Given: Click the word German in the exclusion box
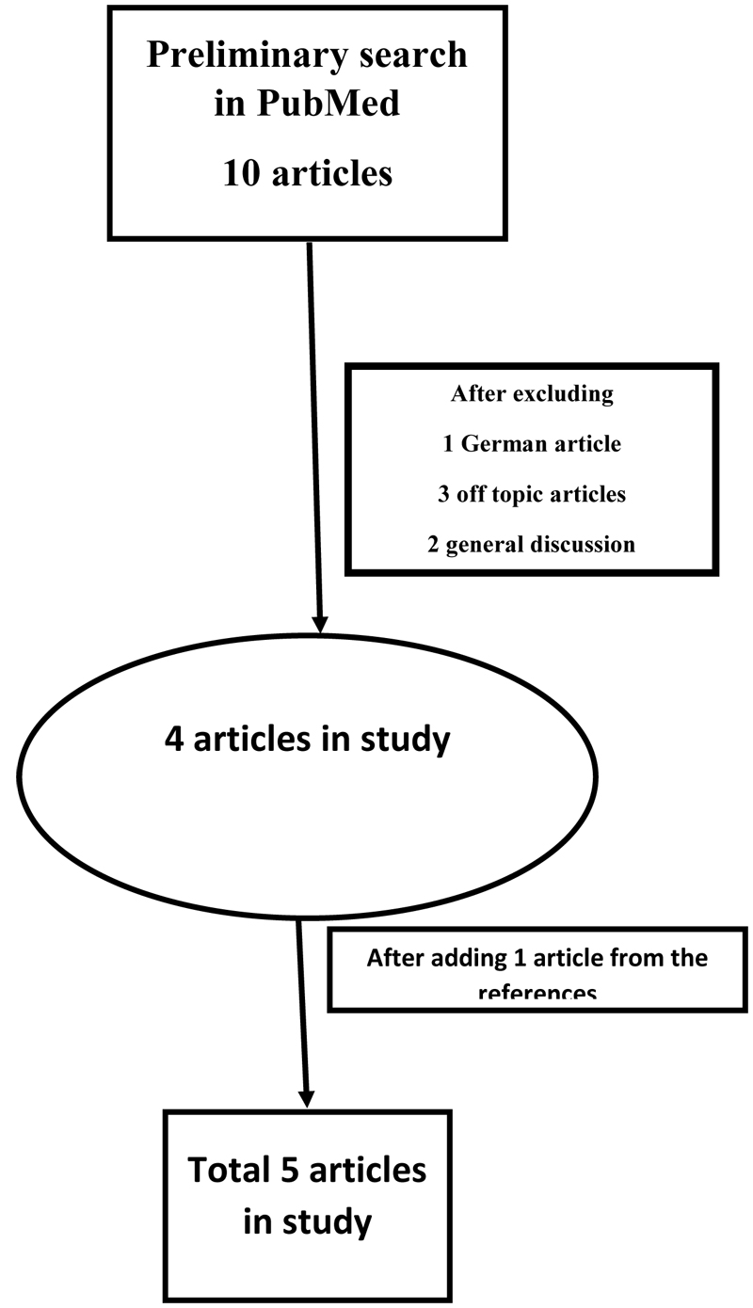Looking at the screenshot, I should [498, 443].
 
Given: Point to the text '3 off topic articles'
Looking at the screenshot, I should [532, 493].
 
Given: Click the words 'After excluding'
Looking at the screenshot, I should [532, 393].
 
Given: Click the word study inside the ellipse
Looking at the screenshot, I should [406, 740].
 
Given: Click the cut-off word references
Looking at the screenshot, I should [537, 992].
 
